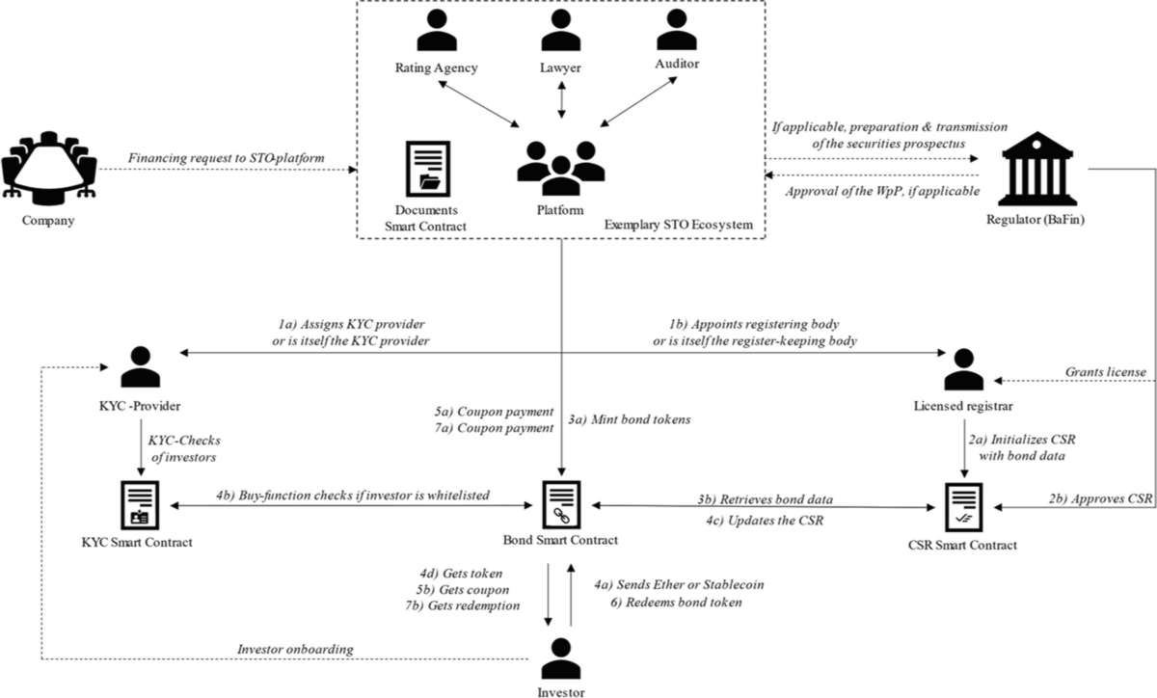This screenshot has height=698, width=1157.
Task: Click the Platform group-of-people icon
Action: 560,163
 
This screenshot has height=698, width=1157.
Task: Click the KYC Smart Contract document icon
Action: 141,505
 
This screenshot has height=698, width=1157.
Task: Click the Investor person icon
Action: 560,659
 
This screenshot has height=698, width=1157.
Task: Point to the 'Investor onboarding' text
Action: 295,649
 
